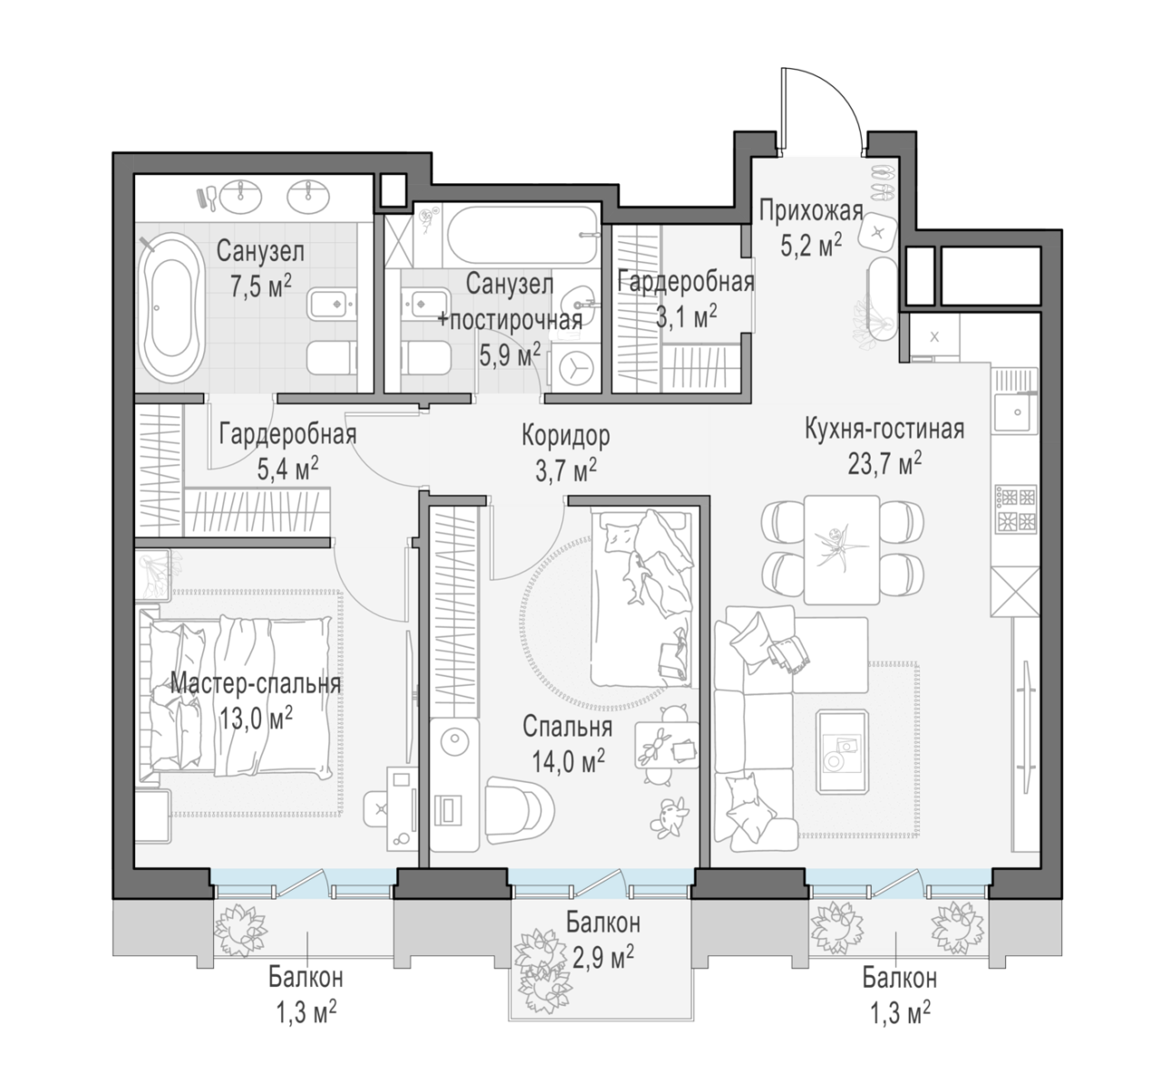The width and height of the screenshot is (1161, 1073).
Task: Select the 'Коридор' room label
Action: coord(565,435)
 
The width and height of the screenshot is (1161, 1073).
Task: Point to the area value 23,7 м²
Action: coord(884,465)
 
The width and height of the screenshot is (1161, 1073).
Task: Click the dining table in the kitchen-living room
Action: coord(842,550)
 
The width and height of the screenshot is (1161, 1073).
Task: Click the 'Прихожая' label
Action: coord(811,210)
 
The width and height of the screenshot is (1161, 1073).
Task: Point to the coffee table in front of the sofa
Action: coord(842,751)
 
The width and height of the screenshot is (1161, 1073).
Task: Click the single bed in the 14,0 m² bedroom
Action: coord(641,598)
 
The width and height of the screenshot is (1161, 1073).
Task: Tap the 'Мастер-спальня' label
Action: coord(256,684)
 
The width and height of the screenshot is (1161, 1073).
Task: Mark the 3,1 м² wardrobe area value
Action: coord(687,318)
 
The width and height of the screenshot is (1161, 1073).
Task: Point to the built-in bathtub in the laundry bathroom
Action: coord(523,235)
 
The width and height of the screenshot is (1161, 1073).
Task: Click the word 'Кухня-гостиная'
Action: coord(884,429)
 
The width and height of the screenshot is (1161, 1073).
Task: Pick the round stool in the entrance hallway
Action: coord(877,233)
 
